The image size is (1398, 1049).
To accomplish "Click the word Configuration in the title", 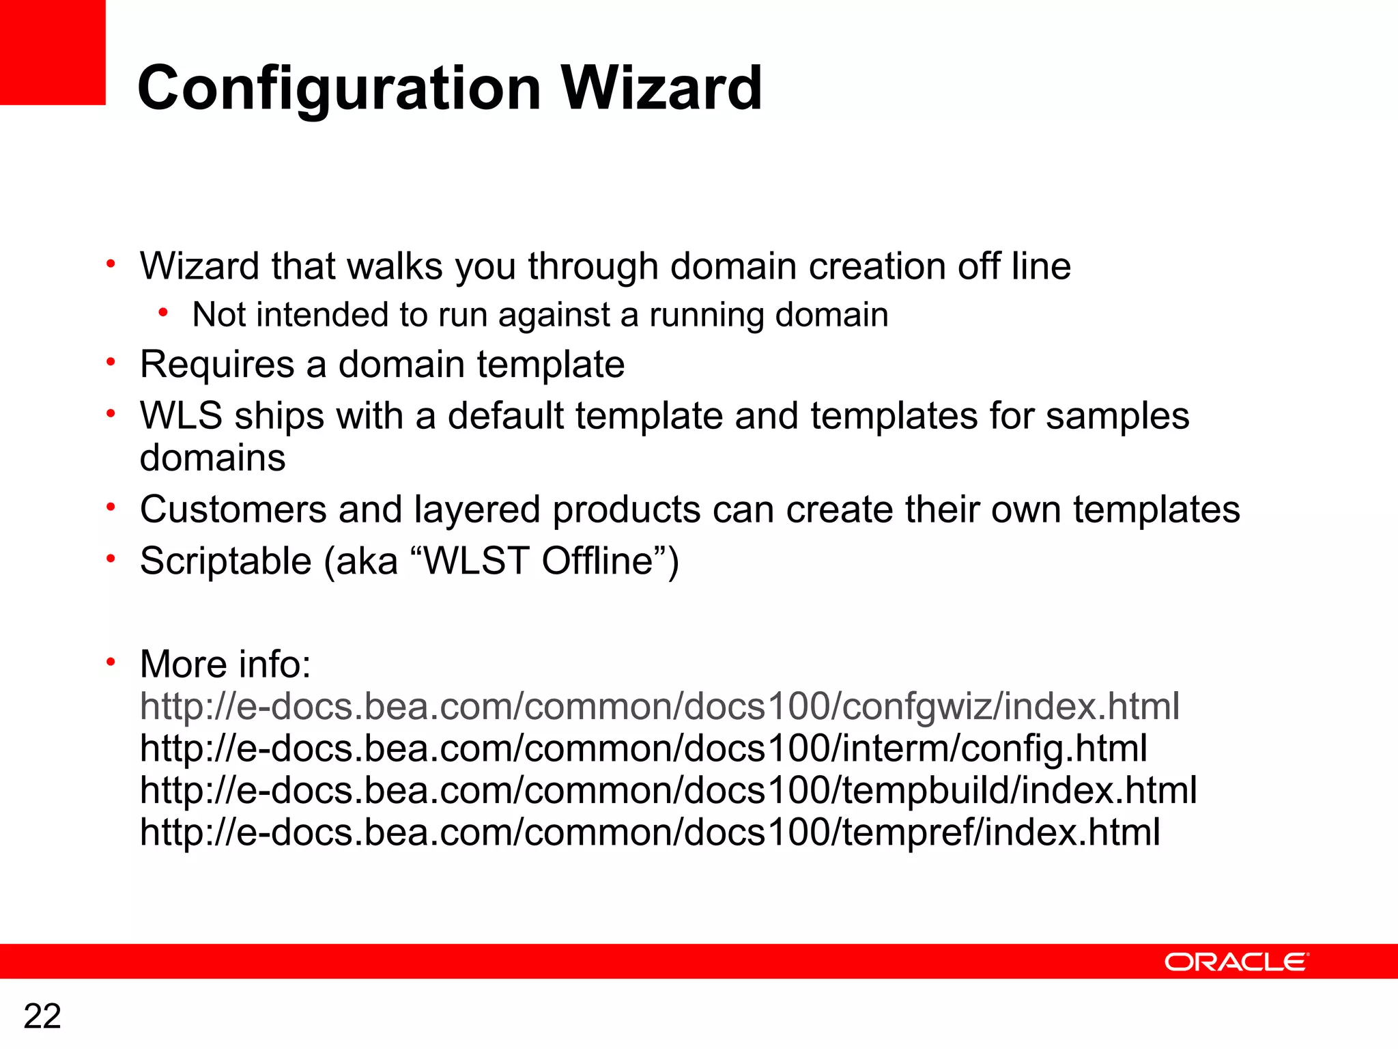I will pyautogui.click(x=339, y=89).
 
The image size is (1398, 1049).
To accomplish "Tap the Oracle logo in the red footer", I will pyautogui.click(x=1236, y=962).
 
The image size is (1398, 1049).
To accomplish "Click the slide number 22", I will pyautogui.click(x=42, y=1016).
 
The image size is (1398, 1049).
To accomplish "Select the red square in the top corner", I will pyautogui.click(x=53, y=52).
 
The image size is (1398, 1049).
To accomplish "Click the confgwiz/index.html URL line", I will pyautogui.click(x=659, y=706).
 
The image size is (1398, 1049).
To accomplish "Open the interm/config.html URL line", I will pyautogui.click(x=643, y=749).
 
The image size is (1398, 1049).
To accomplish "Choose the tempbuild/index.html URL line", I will pyautogui.click(x=668, y=790).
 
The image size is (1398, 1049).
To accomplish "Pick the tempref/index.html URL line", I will pyautogui.click(x=650, y=833).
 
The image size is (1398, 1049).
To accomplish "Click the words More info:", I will pyautogui.click(x=225, y=664).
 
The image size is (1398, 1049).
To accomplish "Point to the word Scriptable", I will pyautogui.click(x=225, y=561).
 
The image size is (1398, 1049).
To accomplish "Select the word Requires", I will pyautogui.click(x=216, y=364).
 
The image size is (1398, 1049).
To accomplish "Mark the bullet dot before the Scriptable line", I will pyautogui.click(x=111, y=559).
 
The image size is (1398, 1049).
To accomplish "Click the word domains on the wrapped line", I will pyautogui.click(x=212, y=458).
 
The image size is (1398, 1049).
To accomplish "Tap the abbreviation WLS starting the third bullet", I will pyautogui.click(x=181, y=416).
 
